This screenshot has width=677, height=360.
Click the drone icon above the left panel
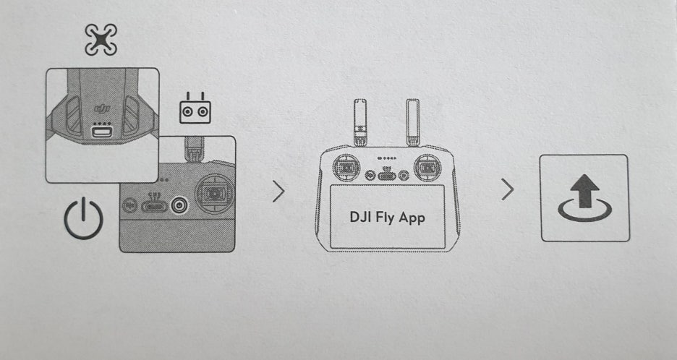[100, 40]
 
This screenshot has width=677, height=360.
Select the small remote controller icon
[195, 109]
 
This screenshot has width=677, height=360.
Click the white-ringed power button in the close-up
[178, 205]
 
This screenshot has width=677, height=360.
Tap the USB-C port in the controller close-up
[154, 206]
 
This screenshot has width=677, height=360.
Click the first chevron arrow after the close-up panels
[279, 192]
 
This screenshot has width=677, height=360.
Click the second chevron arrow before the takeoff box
[508, 190]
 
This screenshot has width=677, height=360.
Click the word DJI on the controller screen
[361, 218]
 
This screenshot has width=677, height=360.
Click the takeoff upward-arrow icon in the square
[584, 199]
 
